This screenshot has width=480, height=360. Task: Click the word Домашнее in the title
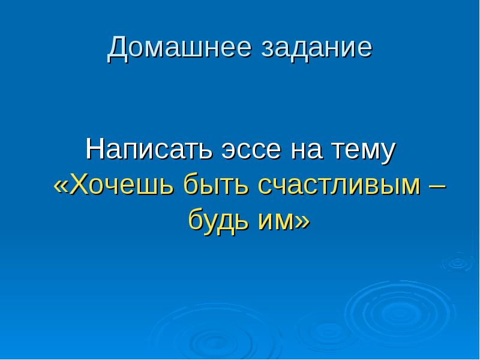pos(180,49)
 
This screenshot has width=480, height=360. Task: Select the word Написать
pos(151,149)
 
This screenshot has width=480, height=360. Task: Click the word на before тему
pos(306,150)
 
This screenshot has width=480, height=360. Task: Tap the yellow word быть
pos(217,186)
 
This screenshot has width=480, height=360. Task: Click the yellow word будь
pos(215,221)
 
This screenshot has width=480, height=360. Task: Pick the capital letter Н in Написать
pos(95,149)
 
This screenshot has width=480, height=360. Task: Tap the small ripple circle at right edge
pos(457,262)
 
